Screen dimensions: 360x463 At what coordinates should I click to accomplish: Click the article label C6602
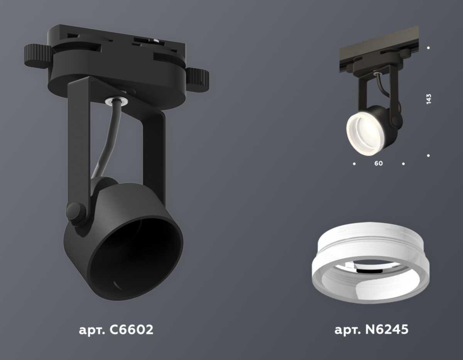click(116, 330)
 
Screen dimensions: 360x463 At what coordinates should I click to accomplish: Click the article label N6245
click(371, 330)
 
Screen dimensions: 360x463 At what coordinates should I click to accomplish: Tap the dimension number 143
click(429, 99)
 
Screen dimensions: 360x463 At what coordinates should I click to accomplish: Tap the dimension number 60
click(379, 164)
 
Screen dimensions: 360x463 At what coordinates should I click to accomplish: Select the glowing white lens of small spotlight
click(363, 133)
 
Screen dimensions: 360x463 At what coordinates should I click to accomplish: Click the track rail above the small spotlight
click(378, 46)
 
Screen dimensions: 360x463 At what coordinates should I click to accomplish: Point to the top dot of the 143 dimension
click(429, 48)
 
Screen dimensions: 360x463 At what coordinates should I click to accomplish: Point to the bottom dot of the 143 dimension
click(429, 155)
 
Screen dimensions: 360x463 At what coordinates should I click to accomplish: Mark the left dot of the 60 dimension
click(354, 164)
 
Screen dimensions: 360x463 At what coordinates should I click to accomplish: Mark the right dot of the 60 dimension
click(403, 164)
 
